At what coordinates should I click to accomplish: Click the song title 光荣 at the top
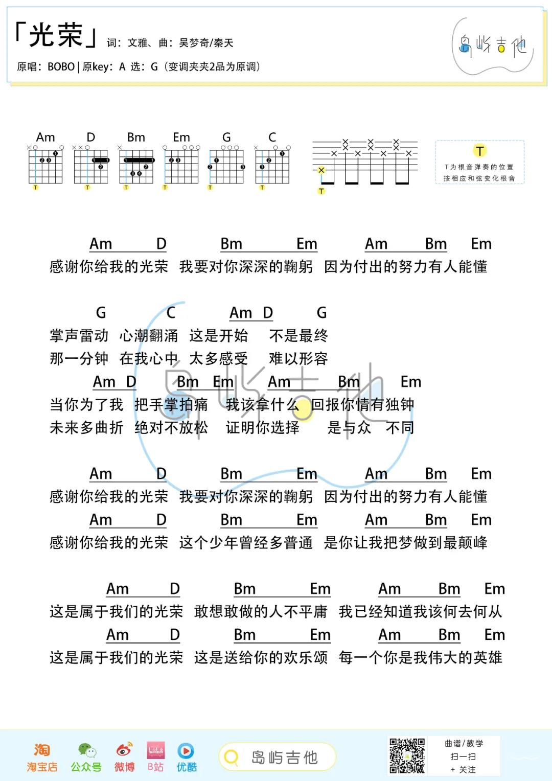[x=56, y=36]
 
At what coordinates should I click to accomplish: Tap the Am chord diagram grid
[x=45, y=167]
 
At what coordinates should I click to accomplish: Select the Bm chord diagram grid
[x=136, y=167]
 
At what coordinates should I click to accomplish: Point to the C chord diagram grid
[x=272, y=167]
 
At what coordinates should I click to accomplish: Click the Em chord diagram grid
[x=181, y=167]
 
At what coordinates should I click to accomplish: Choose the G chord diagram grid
[x=226, y=167]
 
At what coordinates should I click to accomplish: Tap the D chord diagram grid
[x=91, y=167]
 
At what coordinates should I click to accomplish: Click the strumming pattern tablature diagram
[x=365, y=163]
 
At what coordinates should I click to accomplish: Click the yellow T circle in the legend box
[x=479, y=151]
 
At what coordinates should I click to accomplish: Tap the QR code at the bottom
[x=407, y=755]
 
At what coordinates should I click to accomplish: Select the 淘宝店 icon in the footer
[x=42, y=750]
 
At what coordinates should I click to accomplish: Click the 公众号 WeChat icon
[x=86, y=750]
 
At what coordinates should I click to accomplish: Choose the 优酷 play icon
[x=186, y=750]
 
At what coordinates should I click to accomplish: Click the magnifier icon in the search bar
[x=232, y=757]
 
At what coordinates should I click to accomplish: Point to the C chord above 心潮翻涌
[x=171, y=312]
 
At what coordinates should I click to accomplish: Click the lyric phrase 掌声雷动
[x=79, y=336]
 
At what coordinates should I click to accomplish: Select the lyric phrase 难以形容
[x=298, y=359]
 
